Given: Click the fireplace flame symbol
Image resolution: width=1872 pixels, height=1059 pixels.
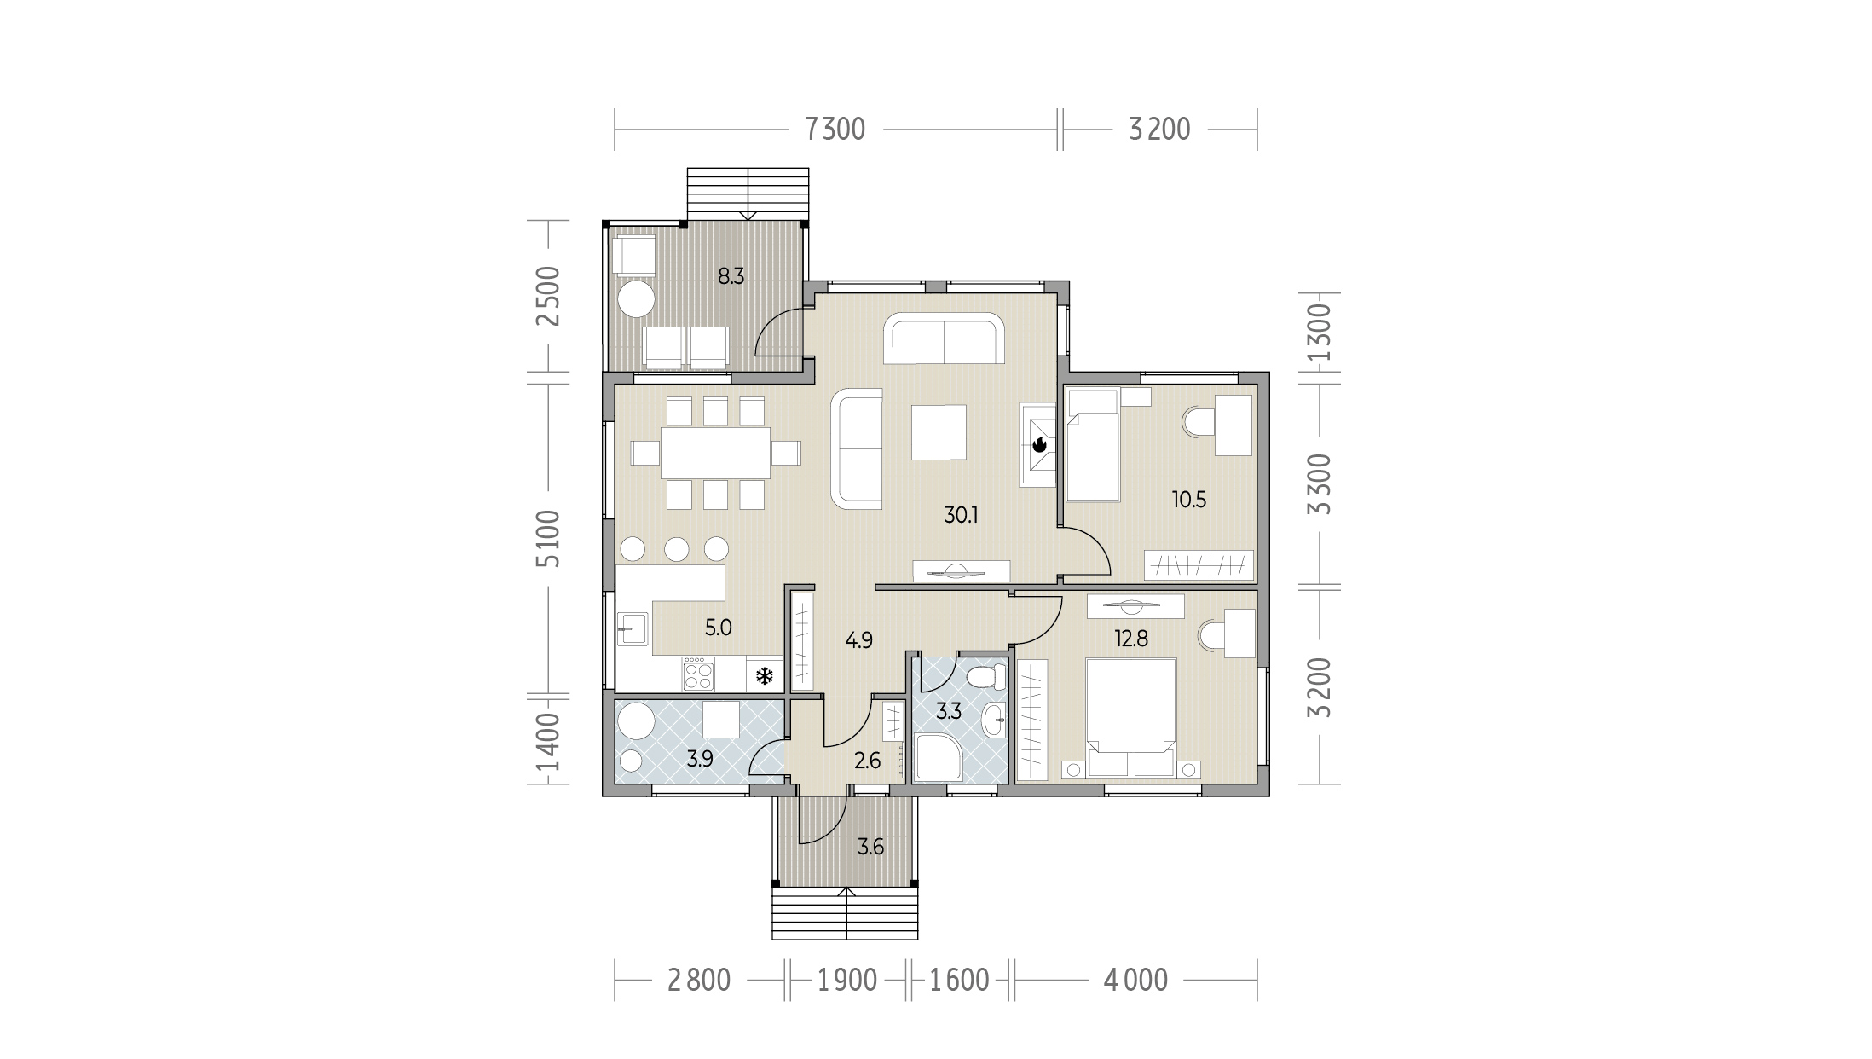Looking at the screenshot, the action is pyautogui.click(x=1039, y=444).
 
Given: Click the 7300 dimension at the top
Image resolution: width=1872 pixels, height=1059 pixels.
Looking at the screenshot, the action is pyautogui.click(x=835, y=130).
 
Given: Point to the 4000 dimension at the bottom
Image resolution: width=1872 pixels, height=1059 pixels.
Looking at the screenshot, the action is pyautogui.click(x=1135, y=981).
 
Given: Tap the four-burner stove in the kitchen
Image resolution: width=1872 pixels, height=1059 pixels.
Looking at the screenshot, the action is pyautogui.click(x=698, y=673).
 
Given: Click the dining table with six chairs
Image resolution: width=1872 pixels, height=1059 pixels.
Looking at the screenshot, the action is pyautogui.click(x=716, y=453).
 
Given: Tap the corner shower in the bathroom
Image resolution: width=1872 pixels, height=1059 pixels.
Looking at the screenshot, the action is pyautogui.click(x=939, y=757).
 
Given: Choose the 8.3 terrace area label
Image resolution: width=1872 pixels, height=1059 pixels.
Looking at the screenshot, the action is pyautogui.click(x=731, y=276).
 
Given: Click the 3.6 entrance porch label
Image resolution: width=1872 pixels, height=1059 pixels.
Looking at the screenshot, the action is pyautogui.click(x=870, y=847).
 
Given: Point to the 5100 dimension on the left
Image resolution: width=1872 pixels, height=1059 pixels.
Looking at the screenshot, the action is pyautogui.click(x=549, y=538).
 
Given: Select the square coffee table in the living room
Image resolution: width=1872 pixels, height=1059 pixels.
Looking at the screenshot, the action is pyautogui.click(x=939, y=431).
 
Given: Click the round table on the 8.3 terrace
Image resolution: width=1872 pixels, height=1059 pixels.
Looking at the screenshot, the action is pyautogui.click(x=635, y=299).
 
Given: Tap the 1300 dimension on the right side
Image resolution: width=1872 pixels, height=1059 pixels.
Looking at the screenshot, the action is pyautogui.click(x=1318, y=332).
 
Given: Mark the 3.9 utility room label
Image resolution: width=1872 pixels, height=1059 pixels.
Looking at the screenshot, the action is pyautogui.click(x=700, y=758).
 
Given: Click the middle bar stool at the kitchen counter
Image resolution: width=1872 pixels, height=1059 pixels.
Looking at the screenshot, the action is pyautogui.click(x=677, y=548).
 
